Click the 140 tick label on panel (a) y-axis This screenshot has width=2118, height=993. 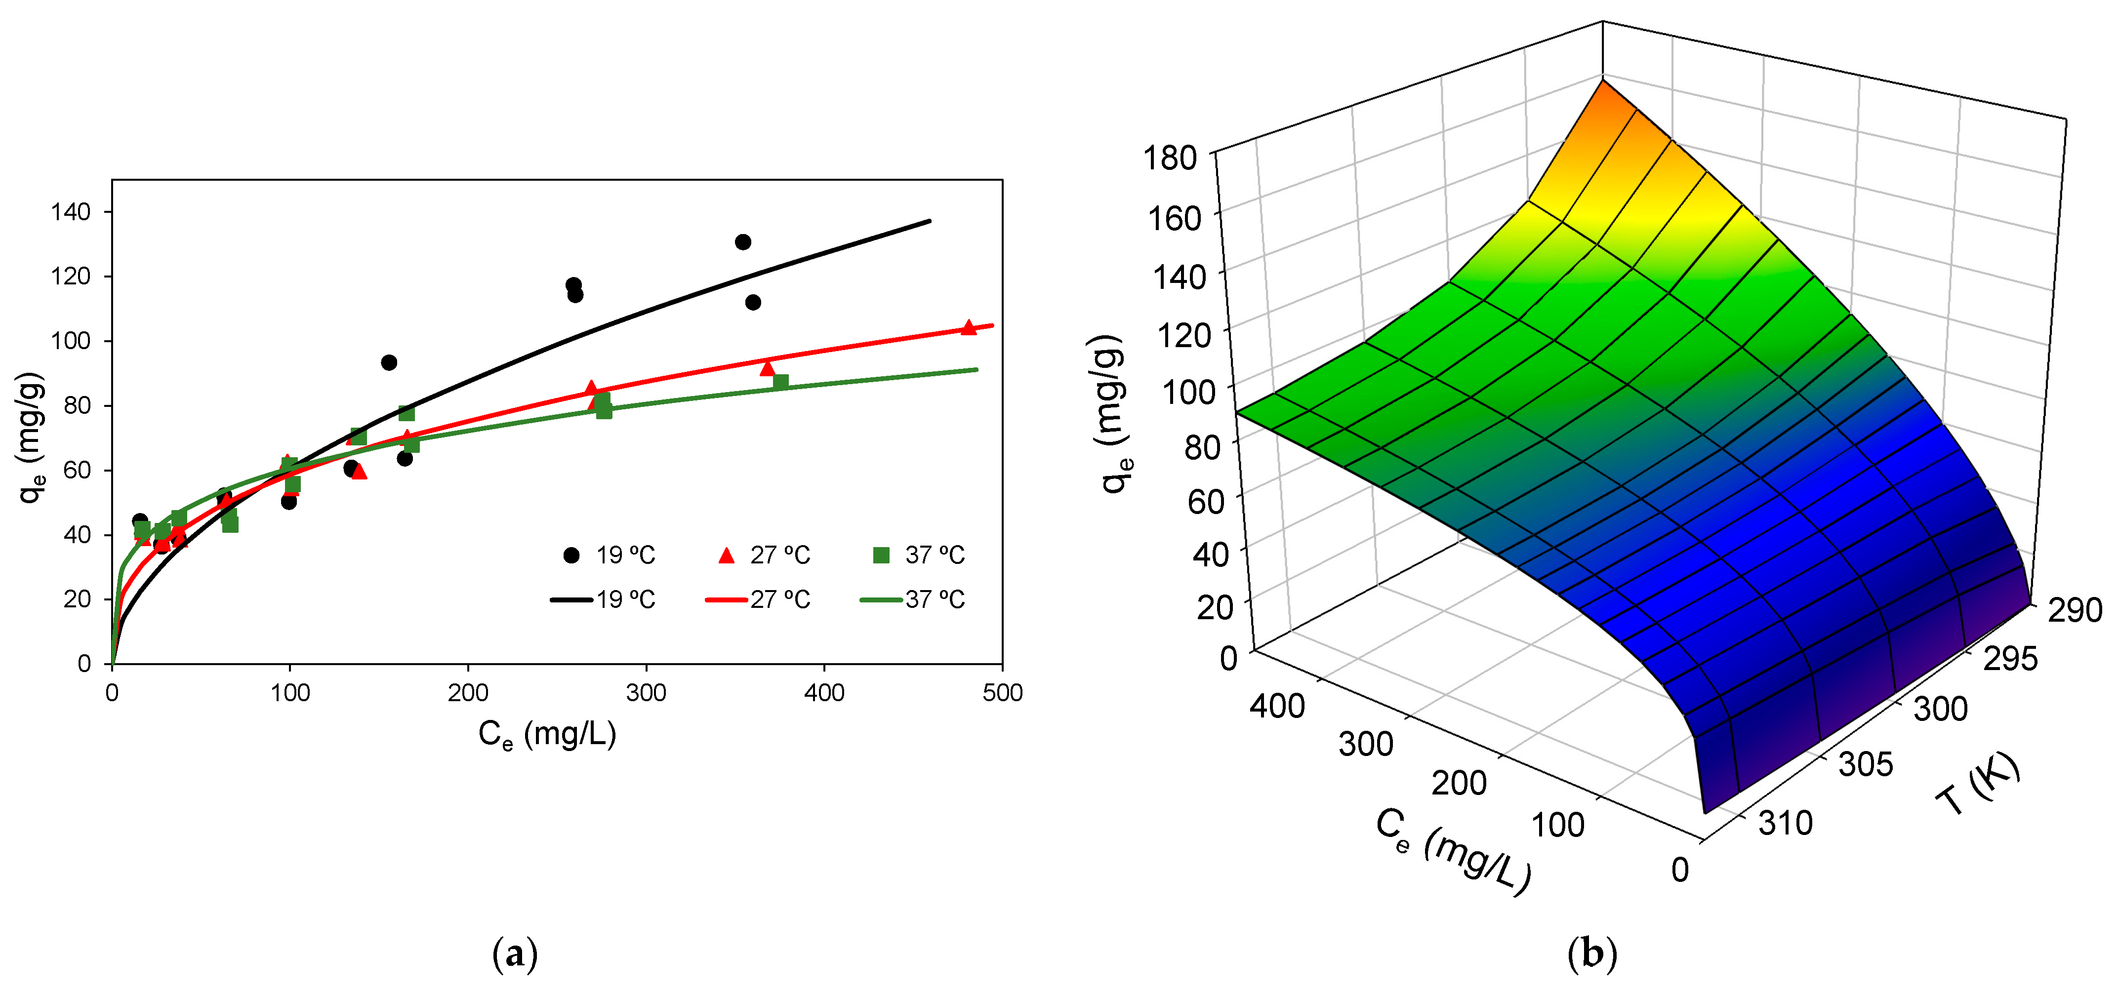[x=71, y=212]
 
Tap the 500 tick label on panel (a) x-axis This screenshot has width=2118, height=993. [x=1002, y=693]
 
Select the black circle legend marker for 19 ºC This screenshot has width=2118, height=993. [x=570, y=556]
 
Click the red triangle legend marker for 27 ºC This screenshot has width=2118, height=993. [x=726, y=556]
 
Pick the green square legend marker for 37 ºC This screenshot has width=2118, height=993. [x=881, y=556]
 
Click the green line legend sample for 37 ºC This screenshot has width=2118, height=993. [x=881, y=600]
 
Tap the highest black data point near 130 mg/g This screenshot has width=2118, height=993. [x=742, y=241]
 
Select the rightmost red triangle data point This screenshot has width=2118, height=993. [x=969, y=328]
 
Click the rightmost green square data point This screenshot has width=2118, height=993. [x=781, y=382]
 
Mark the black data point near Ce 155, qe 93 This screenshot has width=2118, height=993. [x=389, y=362]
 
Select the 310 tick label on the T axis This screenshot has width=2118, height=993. [x=1786, y=822]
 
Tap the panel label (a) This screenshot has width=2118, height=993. [x=515, y=954]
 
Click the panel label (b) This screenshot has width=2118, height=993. [x=1592, y=954]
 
